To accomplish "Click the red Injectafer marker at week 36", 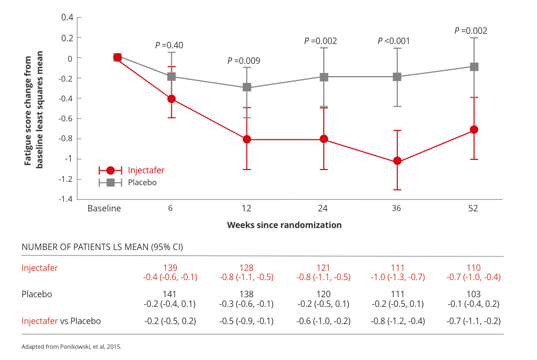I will pos(397,161).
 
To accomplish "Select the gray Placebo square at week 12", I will pos(246,87).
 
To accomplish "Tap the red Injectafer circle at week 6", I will pos(171,99).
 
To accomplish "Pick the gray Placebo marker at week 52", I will pos(474,67).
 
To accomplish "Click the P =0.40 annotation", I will pos(169,46).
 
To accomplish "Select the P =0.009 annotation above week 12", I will pos(244,61).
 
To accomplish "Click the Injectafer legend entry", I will pos(146,171).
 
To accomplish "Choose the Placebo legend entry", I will pos(142,182).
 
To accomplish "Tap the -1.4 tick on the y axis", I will pos(67,199).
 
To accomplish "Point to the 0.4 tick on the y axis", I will pos(67,17).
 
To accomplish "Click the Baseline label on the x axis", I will pos(104,209).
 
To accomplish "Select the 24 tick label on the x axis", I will pos(322,209).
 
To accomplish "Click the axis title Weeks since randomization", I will pos(284,225).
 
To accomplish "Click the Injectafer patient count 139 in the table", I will pos(170,268).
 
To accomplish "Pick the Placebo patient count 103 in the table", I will pos(473,295).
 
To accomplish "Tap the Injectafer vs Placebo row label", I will pos(61,321).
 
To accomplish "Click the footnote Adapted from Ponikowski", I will pos(71,347).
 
